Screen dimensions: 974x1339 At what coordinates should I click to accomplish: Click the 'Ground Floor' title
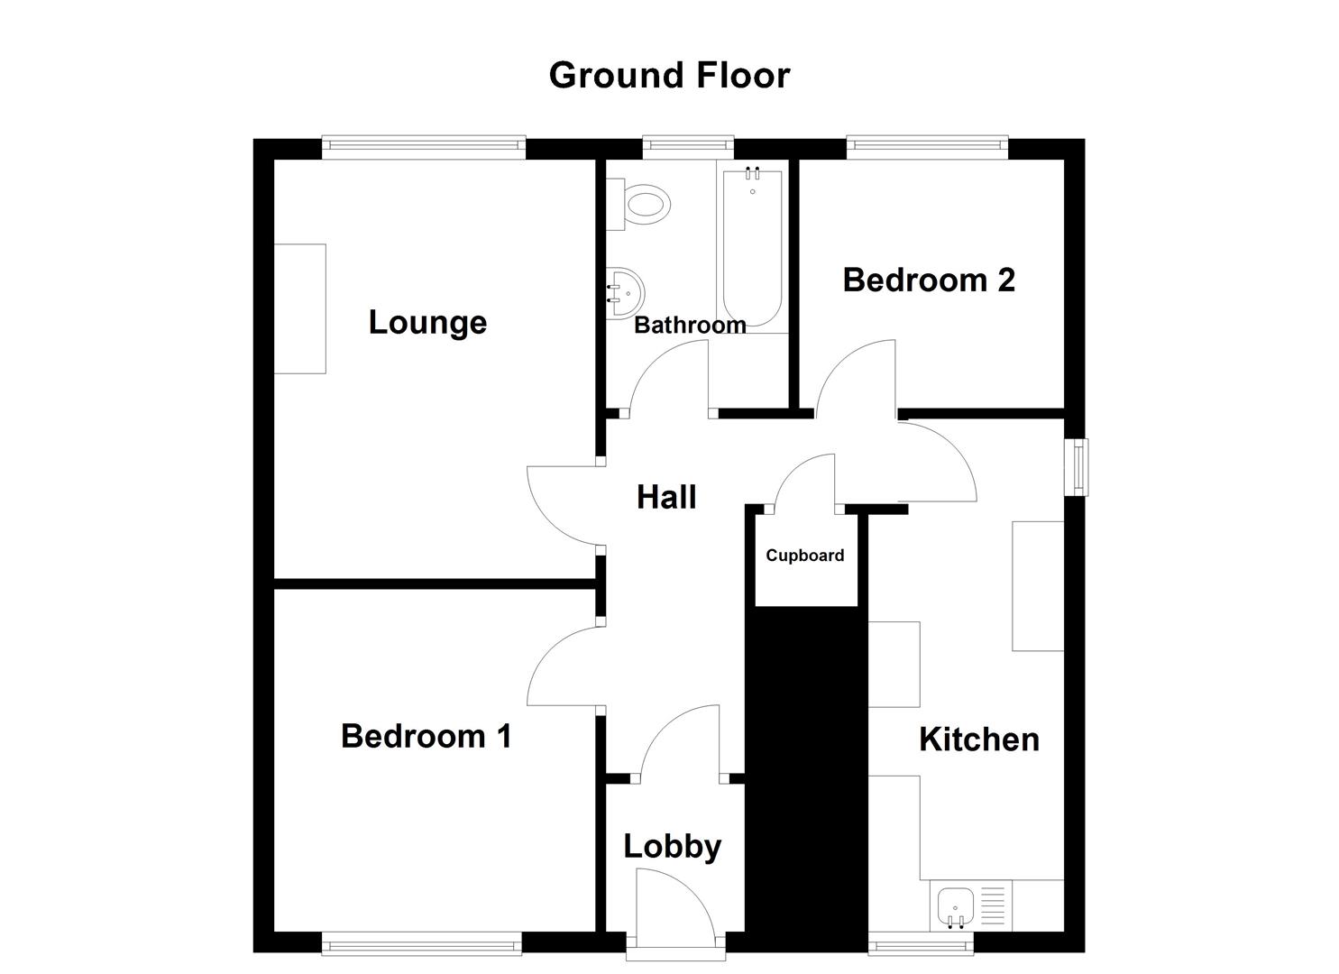[x=669, y=76]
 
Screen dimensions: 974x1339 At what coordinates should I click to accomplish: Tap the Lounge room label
[x=427, y=322]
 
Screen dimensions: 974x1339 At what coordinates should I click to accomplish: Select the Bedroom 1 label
[x=426, y=736]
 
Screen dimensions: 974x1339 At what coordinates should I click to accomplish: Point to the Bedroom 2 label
[x=929, y=280]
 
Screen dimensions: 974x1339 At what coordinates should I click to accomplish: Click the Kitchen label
[x=978, y=740]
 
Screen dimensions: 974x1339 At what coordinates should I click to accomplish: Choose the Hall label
[x=666, y=497]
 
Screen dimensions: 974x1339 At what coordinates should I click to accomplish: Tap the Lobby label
[x=673, y=846]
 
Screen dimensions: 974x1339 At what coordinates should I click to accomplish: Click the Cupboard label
[x=805, y=556]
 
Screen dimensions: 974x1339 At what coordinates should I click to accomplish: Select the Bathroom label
[x=690, y=326]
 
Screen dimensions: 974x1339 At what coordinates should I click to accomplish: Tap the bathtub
[x=752, y=245]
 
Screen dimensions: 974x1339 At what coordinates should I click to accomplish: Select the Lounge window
[x=424, y=147]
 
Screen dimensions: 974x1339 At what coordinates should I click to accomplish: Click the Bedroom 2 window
[x=927, y=147]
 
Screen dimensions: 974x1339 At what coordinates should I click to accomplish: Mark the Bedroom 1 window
[x=422, y=945]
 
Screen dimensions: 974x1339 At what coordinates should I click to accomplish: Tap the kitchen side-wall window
[x=1077, y=467]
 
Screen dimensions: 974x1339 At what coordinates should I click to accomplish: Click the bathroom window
[x=687, y=147]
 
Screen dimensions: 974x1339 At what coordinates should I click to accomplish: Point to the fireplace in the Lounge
[x=300, y=308]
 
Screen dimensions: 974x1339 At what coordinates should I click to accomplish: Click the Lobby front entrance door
[x=674, y=911]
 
